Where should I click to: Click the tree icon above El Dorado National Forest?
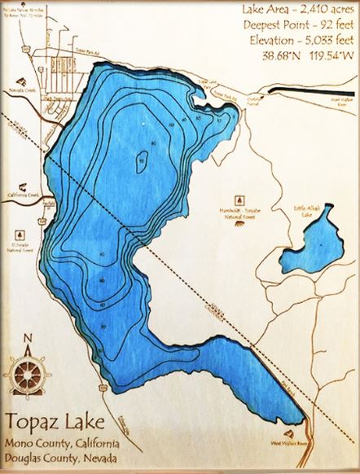(x=18, y=231)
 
